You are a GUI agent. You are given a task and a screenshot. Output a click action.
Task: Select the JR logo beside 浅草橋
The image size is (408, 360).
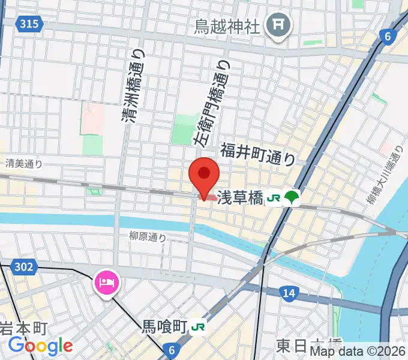274,197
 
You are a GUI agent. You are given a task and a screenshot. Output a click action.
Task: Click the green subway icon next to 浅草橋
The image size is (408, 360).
292,197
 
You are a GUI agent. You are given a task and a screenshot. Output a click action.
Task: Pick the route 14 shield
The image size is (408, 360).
289,292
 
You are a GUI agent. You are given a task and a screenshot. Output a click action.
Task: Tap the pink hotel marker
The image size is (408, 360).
107,281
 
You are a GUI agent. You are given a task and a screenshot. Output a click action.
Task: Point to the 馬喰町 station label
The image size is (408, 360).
164,328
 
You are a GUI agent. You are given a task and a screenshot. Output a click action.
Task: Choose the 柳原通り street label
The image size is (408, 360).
147,237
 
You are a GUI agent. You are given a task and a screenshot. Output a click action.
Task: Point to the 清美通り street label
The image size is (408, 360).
24,163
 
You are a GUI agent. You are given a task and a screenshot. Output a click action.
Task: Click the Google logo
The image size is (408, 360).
41,346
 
